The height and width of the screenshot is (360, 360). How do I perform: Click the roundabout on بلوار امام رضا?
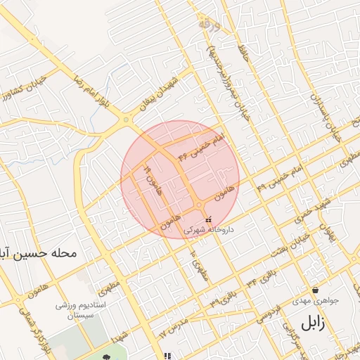click(127, 120)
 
